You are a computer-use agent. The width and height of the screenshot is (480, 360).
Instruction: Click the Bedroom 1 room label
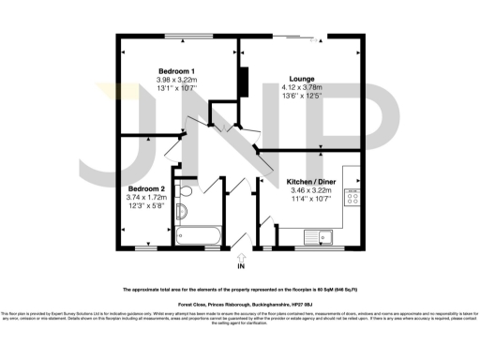point(176,72)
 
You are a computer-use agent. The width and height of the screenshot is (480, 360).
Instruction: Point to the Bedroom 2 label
point(146,189)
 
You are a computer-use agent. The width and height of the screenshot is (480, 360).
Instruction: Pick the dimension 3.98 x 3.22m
point(176,81)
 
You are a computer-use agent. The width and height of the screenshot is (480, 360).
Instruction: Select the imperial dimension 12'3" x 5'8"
point(146,206)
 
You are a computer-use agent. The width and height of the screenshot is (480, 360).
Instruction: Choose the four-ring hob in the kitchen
point(354,196)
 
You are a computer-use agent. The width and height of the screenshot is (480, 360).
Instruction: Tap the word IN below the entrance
point(240,266)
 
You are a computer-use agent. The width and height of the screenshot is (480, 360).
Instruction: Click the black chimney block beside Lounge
point(243,82)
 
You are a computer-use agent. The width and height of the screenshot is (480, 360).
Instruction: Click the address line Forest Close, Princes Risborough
point(240,305)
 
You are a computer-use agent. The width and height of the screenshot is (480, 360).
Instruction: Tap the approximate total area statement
point(240,290)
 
